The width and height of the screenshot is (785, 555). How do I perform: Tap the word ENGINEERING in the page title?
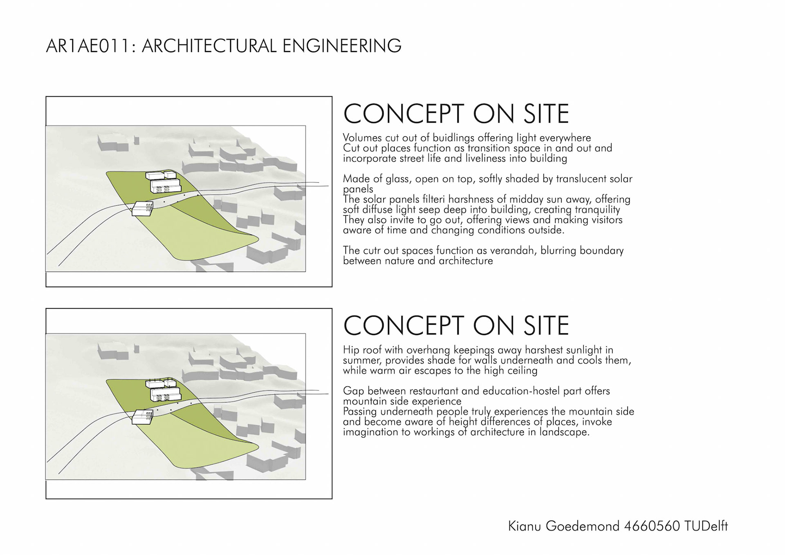[x=342, y=46]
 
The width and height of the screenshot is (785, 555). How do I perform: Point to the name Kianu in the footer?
[x=525, y=526]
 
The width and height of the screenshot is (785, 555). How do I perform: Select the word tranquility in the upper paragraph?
[x=598, y=210]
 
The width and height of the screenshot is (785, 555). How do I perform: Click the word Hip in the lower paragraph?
[x=351, y=350]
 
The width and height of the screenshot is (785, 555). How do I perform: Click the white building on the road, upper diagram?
[x=142, y=208]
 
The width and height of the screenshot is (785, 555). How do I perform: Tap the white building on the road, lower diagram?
[x=142, y=417]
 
